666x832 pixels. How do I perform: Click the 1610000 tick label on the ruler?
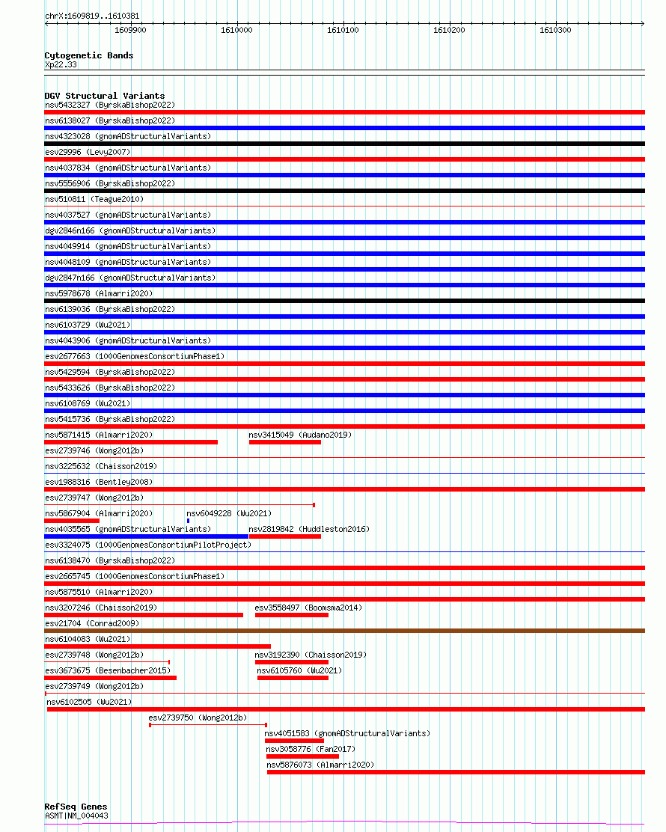tap(236, 30)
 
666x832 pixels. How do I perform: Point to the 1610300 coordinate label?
tap(555, 30)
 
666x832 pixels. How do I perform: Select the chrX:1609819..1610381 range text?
tap(92, 16)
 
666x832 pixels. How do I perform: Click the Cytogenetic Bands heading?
tap(88, 55)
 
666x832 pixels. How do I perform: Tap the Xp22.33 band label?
tap(61, 64)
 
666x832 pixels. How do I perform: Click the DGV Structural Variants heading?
tap(104, 96)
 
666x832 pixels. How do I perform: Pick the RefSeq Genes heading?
tap(76, 807)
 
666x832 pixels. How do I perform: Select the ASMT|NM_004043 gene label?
tap(76, 816)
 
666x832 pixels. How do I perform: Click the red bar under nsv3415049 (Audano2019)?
tap(284, 442)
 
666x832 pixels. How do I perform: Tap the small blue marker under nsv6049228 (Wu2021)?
tap(188, 520)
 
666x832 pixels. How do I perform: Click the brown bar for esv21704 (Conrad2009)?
tap(344, 631)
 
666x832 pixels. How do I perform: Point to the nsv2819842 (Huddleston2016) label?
tap(308, 529)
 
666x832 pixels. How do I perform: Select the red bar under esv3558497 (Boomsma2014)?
tap(291, 615)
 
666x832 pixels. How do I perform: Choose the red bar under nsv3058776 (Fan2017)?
tap(302, 756)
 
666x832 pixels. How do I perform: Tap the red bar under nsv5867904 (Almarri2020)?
tap(72, 521)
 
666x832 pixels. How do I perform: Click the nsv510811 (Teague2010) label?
tap(94, 199)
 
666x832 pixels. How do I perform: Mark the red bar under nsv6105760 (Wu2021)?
tap(293, 678)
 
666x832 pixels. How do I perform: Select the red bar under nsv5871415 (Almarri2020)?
tap(131, 442)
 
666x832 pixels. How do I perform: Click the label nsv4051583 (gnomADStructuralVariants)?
tap(347, 733)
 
